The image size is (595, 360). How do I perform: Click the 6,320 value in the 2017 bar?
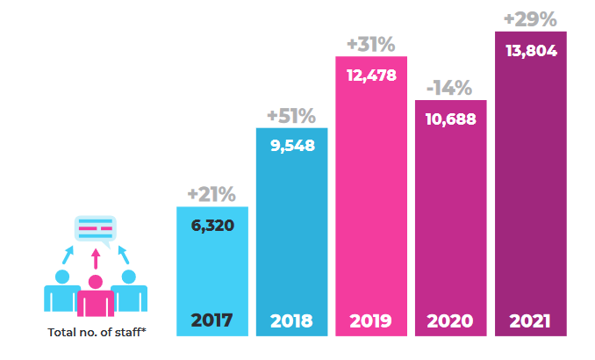[x=212, y=226]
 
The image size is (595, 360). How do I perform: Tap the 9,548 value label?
[x=291, y=147]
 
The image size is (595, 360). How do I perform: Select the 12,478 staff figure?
[x=371, y=75]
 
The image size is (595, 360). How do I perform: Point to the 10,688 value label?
[x=450, y=119]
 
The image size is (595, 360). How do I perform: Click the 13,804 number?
[x=530, y=51]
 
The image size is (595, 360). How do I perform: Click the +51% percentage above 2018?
[x=291, y=116]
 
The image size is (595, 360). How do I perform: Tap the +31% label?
[x=371, y=44]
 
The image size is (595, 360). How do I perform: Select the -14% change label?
[x=449, y=88]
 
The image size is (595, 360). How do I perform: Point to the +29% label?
[x=529, y=18]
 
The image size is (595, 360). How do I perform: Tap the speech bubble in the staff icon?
[x=95, y=230]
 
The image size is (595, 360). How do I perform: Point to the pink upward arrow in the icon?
[x=95, y=260]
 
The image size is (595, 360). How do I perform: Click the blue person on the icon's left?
[x=61, y=292]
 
